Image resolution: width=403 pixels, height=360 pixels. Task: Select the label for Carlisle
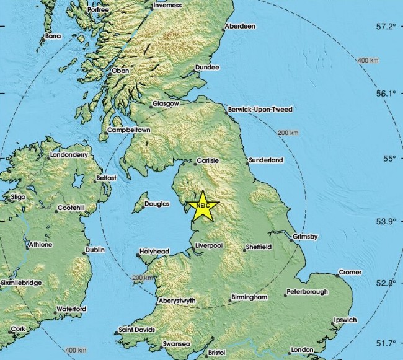(x=208, y=160)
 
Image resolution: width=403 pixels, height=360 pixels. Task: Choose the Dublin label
(x=95, y=250)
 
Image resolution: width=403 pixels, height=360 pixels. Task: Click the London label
(x=303, y=349)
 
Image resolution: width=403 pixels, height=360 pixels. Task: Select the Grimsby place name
(x=306, y=237)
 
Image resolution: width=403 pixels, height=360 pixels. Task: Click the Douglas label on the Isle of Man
(x=157, y=203)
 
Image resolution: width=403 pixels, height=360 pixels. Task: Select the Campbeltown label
(x=129, y=130)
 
